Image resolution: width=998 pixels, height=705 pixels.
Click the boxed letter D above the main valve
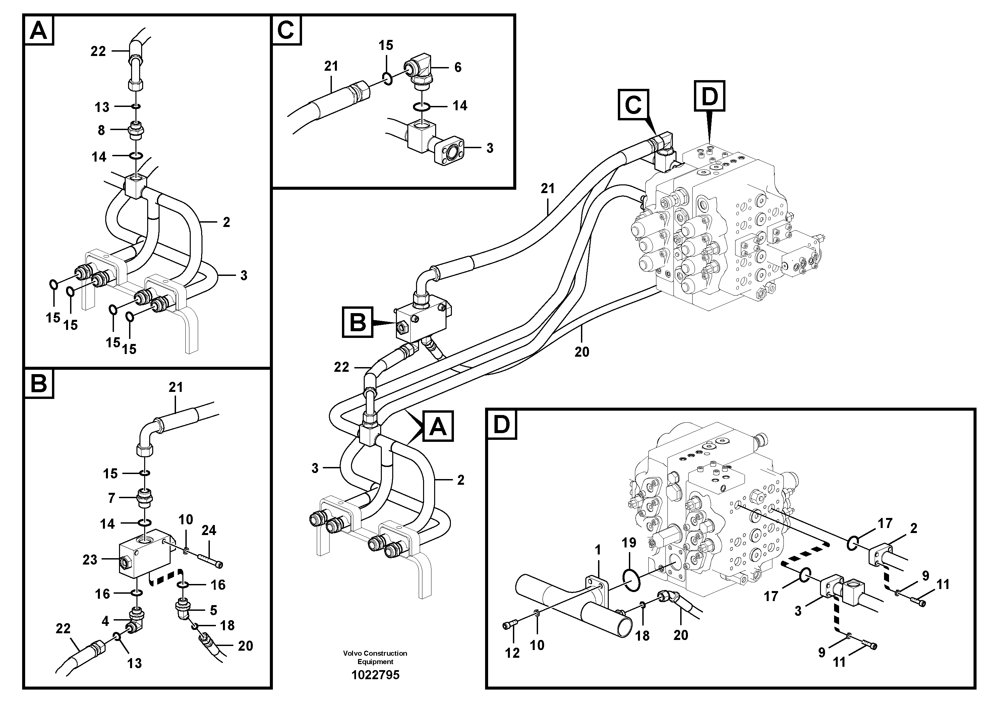click(x=709, y=96)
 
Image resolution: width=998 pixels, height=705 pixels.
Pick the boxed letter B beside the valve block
click(x=358, y=322)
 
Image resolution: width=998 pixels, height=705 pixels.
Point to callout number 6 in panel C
click(x=458, y=67)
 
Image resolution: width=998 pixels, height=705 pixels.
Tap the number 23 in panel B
click(x=90, y=560)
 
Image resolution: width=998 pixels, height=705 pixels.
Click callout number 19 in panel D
click(x=629, y=542)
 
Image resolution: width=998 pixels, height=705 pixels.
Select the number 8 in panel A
click(x=101, y=130)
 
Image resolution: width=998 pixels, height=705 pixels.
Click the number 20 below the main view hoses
click(x=582, y=351)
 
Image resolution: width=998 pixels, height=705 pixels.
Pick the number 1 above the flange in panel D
click(x=598, y=550)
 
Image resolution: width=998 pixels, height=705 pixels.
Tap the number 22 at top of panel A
click(x=98, y=51)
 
